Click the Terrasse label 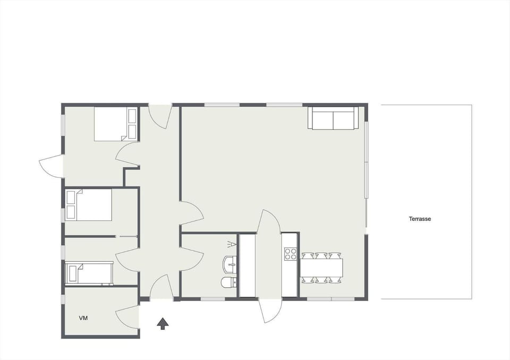(420, 219)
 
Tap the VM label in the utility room (83, 318)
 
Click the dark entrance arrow (163, 323)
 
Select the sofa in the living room (333, 118)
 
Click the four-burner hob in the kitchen (290, 254)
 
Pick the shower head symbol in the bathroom (231, 244)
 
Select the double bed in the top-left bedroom (116, 124)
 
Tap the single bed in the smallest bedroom (89, 273)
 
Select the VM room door (127, 317)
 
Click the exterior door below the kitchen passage (270, 311)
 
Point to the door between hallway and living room (191, 212)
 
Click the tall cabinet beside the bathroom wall (247, 265)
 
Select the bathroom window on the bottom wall (213, 299)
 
